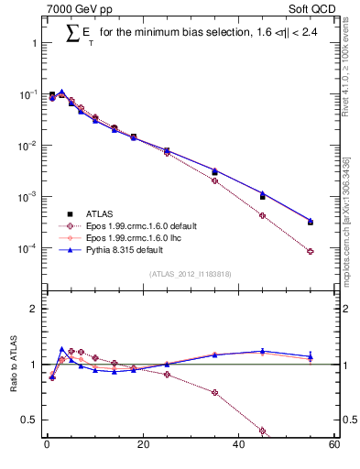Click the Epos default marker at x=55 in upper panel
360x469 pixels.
pos(311,252)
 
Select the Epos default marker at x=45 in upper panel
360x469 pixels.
pos(262,216)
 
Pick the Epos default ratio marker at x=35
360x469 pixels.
pos(214,393)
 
